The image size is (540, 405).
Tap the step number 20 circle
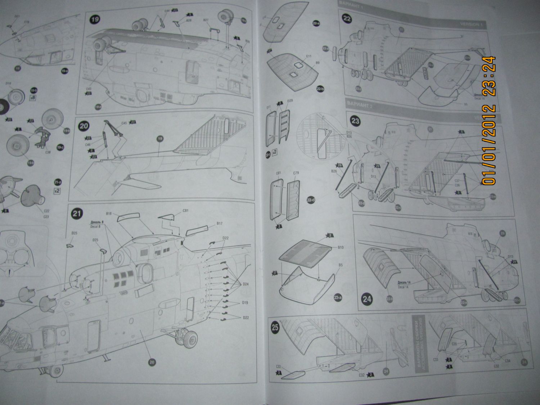click(84, 126)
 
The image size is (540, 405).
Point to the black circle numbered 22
click(347, 19)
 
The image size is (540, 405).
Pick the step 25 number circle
click(275, 327)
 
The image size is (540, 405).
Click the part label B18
click(110, 213)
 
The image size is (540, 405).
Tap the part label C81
click(186, 210)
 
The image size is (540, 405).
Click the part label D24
click(246, 284)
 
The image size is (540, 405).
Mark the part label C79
click(296, 173)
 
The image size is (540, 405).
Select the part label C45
click(124, 123)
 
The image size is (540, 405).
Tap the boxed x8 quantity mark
click(33, 98)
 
